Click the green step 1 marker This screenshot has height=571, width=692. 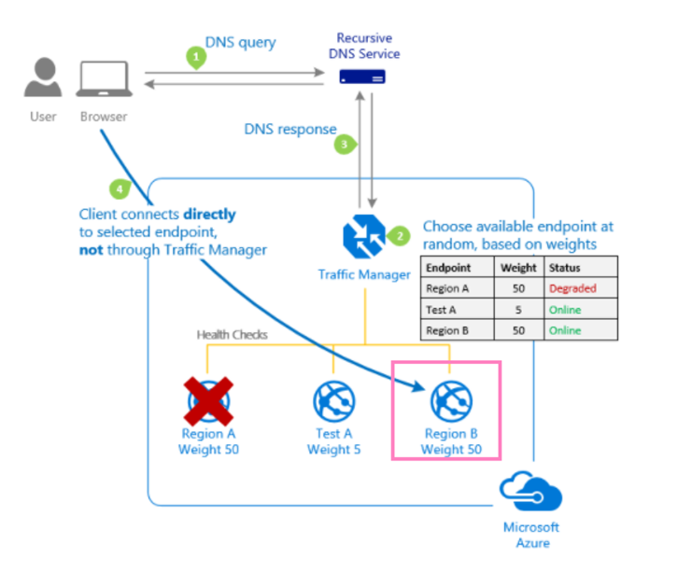[195, 57]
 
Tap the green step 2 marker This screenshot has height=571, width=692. [399, 236]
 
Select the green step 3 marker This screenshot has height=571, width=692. [346, 144]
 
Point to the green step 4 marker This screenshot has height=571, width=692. [119, 188]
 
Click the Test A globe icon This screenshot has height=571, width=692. [333, 400]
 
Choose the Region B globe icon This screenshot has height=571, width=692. [450, 400]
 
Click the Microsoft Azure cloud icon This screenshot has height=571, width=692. [530, 493]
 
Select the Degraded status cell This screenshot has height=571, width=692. [572, 288]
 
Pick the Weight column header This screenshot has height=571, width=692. [518, 267]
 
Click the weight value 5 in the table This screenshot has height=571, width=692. [518, 310]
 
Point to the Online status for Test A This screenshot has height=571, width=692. [565, 310]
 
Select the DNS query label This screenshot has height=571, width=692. [242, 43]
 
